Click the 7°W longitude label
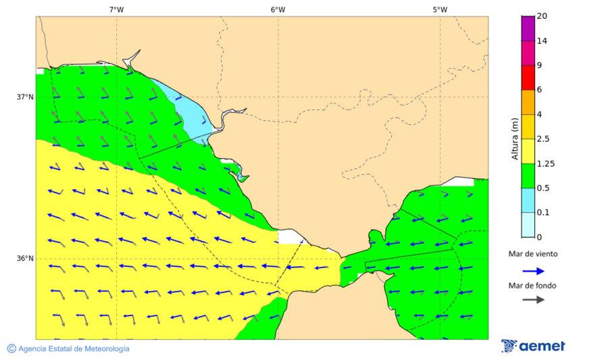pos(116,9)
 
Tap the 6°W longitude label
pos(278,9)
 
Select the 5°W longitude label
pos(440,9)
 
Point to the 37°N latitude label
pos(25,97)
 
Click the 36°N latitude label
pos(25,258)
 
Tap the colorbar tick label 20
pos(542,16)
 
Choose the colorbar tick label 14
pos(542,41)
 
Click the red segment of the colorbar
pos(528,77)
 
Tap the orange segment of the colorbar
pos(528,102)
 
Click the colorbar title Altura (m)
pos(515,138)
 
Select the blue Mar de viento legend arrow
pos(533,271)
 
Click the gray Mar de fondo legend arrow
pos(533,299)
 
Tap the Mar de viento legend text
pos(533,254)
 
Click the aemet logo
pos(533,346)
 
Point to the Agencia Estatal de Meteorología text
pos(68,349)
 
